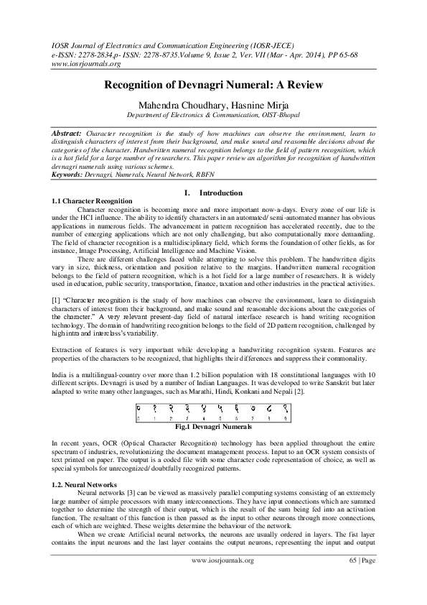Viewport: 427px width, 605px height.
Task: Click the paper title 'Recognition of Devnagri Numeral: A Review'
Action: [214, 85]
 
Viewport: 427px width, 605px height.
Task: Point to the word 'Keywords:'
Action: [67, 175]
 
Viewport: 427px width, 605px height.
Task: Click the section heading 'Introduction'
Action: [221, 193]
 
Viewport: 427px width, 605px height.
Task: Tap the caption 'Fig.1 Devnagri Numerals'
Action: [214, 426]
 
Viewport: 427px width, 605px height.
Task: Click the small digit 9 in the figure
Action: [285, 417]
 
